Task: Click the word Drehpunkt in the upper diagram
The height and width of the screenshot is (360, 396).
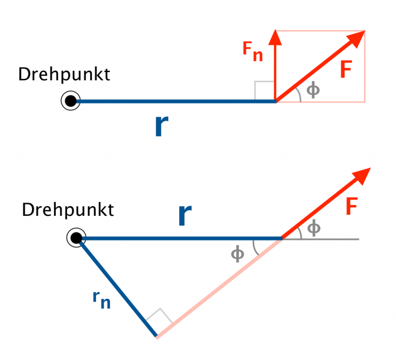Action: pyautogui.click(x=64, y=75)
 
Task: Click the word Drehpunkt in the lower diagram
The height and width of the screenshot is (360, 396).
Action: pyautogui.click(x=68, y=210)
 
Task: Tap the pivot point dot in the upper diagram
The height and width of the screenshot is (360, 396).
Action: pyautogui.click(x=71, y=101)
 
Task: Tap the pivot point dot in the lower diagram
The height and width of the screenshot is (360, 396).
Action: pyautogui.click(x=76, y=237)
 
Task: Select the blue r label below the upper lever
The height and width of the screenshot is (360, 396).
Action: pyautogui.click(x=161, y=126)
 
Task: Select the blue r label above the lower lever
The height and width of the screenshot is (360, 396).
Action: pyautogui.click(x=185, y=215)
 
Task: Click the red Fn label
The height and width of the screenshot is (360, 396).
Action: pyautogui.click(x=253, y=52)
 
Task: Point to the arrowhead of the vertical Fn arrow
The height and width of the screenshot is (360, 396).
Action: pyautogui.click(x=275, y=38)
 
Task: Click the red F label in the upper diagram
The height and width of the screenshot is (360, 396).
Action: pyautogui.click(x=346, y=69)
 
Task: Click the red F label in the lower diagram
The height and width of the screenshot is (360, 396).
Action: pyautogui.click(x=352, y=206)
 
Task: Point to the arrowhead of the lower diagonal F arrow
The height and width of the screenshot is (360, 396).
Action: pyautogui.click(x=361, y=176)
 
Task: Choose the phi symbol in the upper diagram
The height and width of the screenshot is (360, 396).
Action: pyautogui.click(x=313, y=90)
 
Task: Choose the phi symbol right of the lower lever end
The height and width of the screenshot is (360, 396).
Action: pyautogui.click(x=314, y=228)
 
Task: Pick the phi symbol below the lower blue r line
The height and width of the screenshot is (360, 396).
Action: pyautogui.click(x=238, y=254)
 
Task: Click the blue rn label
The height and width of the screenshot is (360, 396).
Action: pyautogui.click(x=102, y=299)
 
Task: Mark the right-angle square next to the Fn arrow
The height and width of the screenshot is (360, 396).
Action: pyautogui.click(x=265, y=90)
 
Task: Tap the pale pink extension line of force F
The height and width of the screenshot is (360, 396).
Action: pyautogui.click(x=219, y=288)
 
